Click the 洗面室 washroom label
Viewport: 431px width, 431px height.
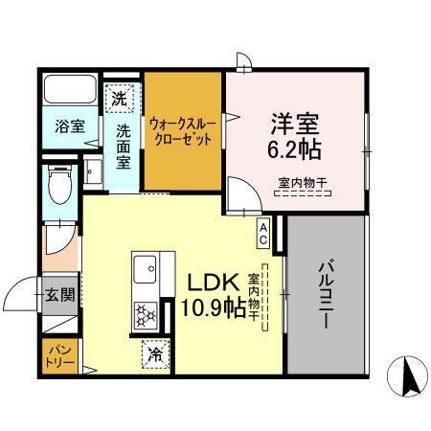pos(125,147)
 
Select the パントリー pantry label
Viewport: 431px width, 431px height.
pos(56,356)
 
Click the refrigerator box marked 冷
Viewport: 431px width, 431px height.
pos(154,353)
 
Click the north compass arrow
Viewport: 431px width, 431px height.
pos(406,377)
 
